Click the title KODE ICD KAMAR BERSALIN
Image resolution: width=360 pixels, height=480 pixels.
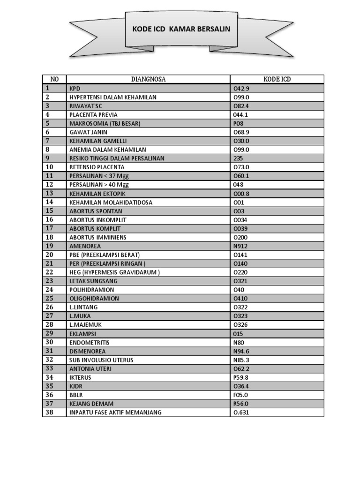181,30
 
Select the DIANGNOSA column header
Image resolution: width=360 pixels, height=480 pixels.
148,79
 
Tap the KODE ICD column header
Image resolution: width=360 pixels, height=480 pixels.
277,79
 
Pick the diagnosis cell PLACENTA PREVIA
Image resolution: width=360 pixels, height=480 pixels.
93,114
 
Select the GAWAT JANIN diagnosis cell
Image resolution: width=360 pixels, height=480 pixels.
88,132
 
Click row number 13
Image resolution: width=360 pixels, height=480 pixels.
50,193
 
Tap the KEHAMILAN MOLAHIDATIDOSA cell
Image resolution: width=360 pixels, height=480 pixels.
111,202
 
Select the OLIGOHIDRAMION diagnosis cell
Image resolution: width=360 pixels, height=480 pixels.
94,299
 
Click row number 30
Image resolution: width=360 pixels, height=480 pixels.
50,342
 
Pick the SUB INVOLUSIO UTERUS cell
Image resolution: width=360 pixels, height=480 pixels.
101,360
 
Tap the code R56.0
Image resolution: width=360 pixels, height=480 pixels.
241,404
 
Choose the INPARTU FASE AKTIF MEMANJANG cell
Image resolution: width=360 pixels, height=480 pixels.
115,412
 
